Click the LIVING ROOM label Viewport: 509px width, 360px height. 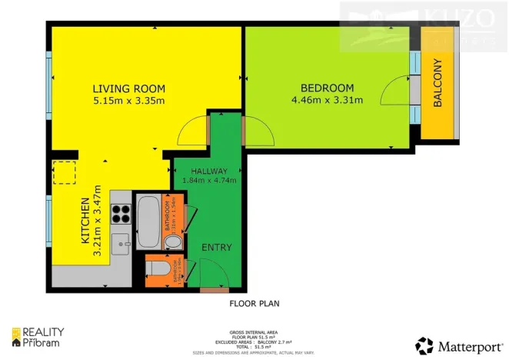click(129, 88)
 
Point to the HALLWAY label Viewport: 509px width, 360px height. click(208, 171)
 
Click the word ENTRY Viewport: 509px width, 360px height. click(216, 247)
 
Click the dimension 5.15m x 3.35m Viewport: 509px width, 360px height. click(129, 101)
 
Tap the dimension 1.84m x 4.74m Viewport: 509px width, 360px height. click(208, 181)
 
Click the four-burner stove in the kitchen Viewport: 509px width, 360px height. click(121, 212)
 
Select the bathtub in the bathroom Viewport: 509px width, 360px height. click(147, 220)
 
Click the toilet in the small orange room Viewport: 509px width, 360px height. click(158, 269)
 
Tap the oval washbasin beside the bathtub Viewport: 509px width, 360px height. click(175, 243)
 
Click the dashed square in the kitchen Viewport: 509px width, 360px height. click(63, 174)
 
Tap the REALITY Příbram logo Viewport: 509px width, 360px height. click(38, 336)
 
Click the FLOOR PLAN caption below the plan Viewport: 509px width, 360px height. click(254, 304)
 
